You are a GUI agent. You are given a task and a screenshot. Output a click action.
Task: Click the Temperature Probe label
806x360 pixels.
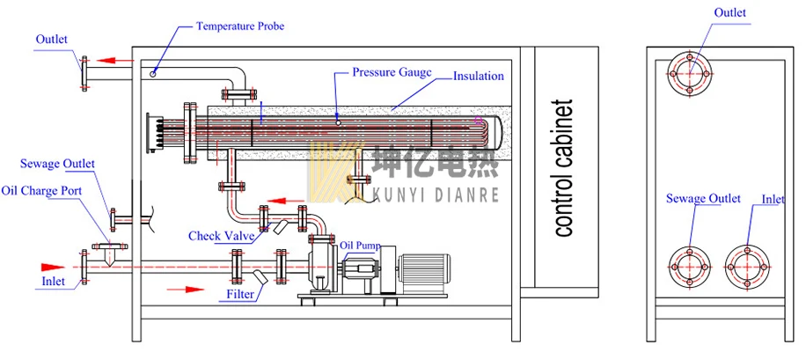point(239,26)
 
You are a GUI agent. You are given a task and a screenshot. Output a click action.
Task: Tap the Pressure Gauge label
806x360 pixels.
point(392,71)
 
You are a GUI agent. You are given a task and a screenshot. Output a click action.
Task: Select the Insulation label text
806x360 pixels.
point(479,77)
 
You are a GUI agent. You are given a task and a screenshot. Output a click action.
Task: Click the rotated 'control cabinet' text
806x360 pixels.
point(563,167)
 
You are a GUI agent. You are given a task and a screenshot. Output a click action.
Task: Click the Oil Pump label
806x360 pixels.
point(362,246)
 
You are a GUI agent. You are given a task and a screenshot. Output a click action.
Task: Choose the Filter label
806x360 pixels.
point(240,294)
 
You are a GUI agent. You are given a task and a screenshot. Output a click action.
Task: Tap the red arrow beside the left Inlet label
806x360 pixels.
point(53,265)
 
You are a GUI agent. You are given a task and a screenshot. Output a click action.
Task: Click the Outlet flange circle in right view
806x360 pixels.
point(690,72)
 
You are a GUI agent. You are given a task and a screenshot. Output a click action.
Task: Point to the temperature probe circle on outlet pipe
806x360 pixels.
point(153,74)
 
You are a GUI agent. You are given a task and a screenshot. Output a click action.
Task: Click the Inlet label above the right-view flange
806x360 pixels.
point(773,200)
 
